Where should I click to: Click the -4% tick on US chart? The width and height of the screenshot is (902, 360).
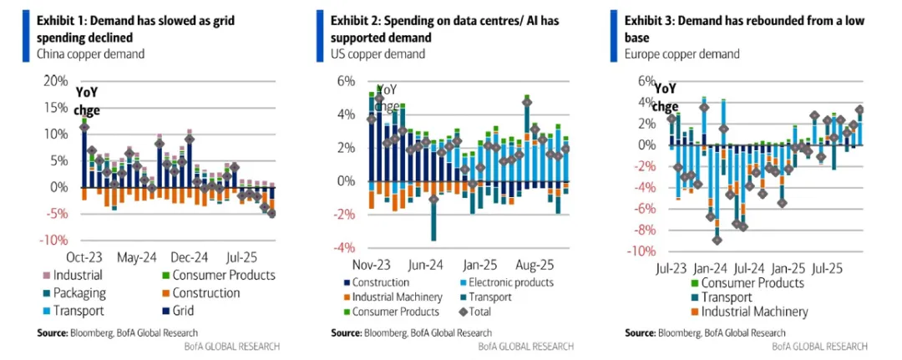[344, 248]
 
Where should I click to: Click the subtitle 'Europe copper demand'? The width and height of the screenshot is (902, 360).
[682, 54]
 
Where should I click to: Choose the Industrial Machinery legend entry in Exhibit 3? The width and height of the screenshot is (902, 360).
[751, 312]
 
